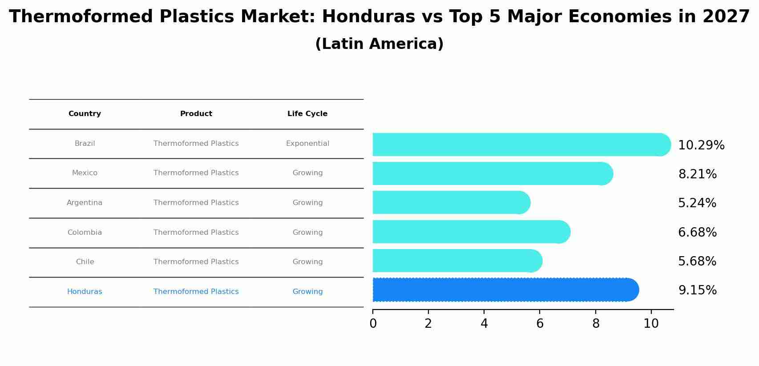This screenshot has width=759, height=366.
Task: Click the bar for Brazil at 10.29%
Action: coord(521,145)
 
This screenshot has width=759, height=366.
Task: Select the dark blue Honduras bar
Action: coord(505,290)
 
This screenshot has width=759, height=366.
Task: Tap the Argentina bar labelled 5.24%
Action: coord(451,203)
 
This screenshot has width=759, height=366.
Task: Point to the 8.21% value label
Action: coord(697,174)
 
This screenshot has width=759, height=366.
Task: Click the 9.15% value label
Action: coord(697,290)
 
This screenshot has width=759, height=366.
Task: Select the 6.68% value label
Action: coord(697,233)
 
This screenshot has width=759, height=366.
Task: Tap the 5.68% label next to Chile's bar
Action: coord(697,261)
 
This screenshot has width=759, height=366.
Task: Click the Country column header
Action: coord(85,114)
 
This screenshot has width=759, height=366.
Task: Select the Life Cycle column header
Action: coord(307,114)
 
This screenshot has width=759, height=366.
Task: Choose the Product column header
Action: coord(196,114)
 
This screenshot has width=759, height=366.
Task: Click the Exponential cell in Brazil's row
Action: coord(307,144)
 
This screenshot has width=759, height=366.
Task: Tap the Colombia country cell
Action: coord(85,233)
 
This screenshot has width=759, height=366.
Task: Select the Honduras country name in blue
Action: coord(85,292)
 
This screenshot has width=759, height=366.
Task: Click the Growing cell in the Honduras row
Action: coord(307,292)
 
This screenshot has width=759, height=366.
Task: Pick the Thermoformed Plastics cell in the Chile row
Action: coord(196,262)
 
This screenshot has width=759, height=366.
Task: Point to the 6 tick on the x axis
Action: coord(540,324)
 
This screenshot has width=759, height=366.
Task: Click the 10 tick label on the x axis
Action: coord(651,324)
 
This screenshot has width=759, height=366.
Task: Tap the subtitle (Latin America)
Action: coord(379,44)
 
